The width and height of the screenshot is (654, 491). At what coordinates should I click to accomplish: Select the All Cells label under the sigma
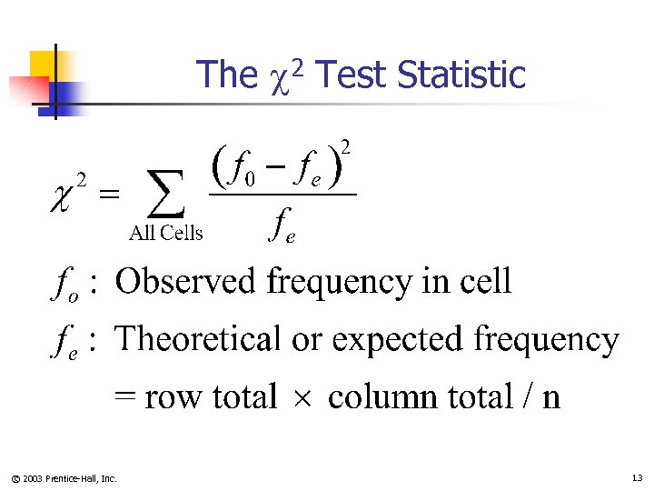(166, 234)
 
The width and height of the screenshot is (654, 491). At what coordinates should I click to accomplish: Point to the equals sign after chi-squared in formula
(108, 193)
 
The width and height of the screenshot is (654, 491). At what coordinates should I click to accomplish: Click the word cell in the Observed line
(484, 282)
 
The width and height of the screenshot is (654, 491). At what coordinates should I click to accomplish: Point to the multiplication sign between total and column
(302, 398)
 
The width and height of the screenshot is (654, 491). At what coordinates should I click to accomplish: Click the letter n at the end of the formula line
(550, 398)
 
